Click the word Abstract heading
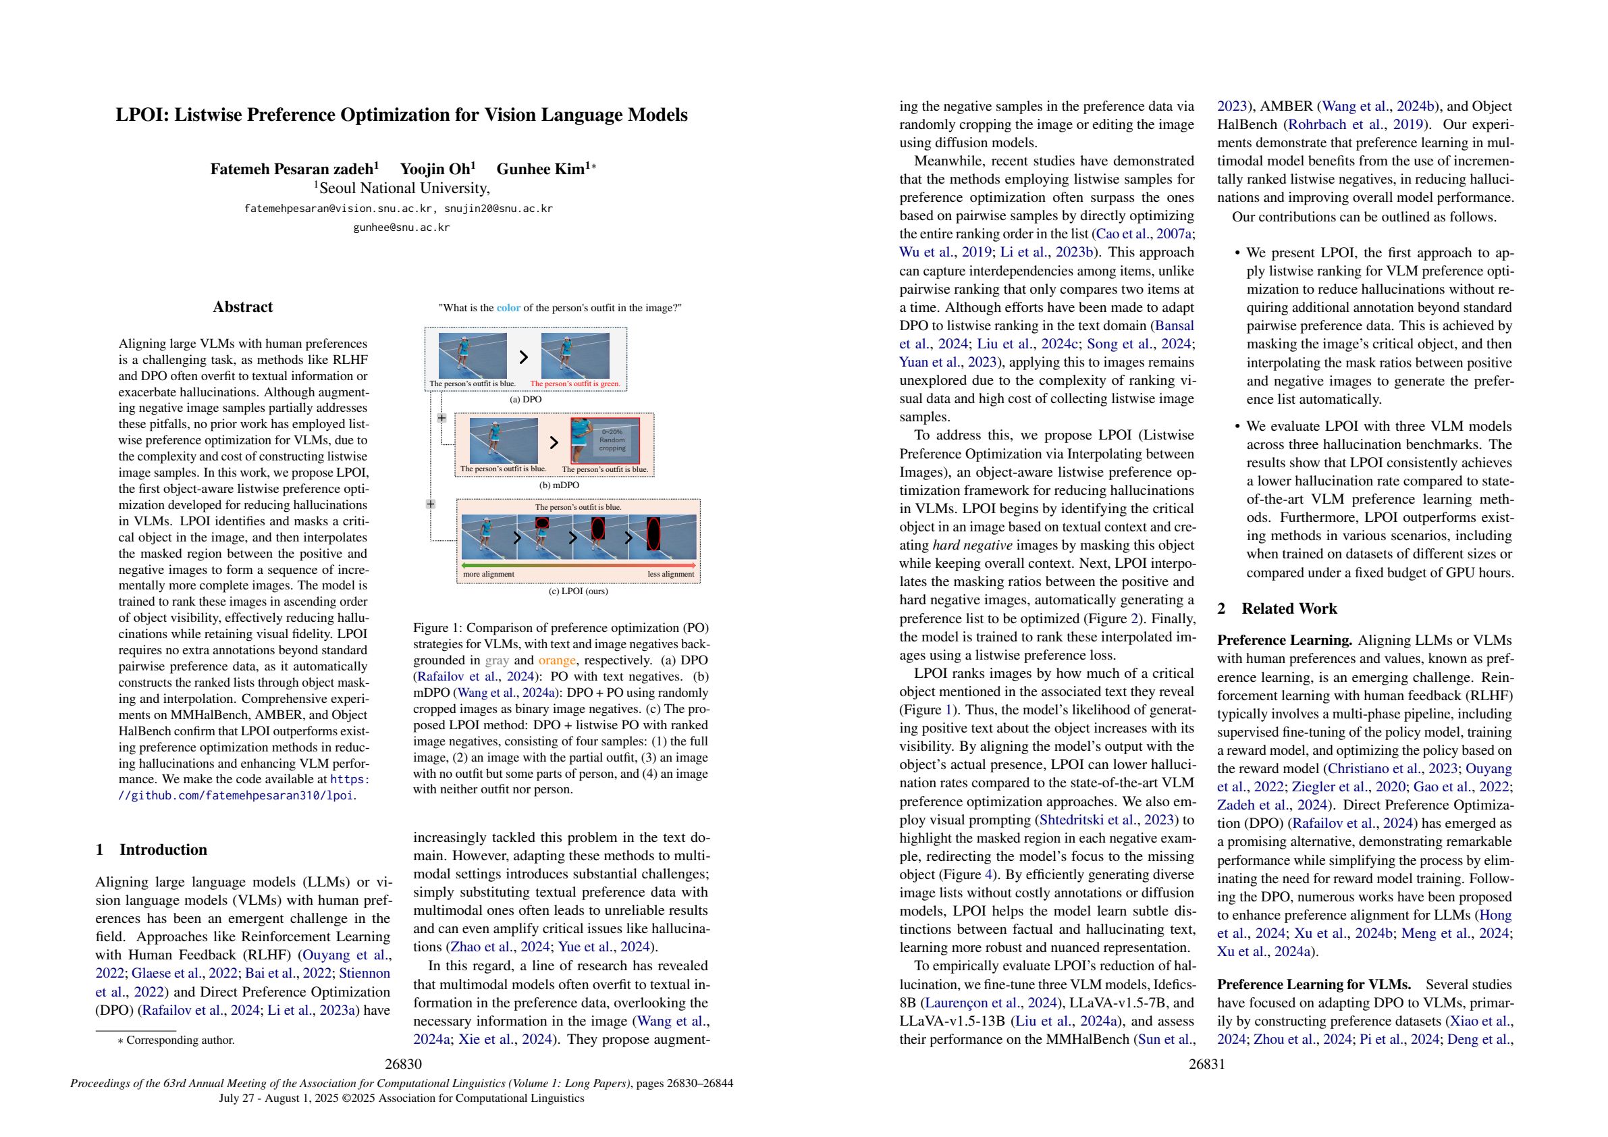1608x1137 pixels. pos(242,307)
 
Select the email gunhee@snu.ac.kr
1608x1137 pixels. pos(401,228)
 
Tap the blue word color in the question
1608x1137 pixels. pos(508,307)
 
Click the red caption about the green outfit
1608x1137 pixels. pos(575,384)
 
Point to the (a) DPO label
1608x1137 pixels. pos(525,399)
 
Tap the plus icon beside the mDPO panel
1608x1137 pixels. pos(441,418)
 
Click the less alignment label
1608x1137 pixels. pos(670,575)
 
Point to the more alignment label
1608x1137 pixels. pos(489,575)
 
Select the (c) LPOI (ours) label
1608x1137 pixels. pos(578,591)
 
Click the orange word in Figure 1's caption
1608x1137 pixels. pos(557,660)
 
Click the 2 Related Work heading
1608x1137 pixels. pos(1277,609)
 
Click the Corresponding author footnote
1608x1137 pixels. pos(180,1040)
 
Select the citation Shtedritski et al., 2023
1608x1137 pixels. pos(1107,820)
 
